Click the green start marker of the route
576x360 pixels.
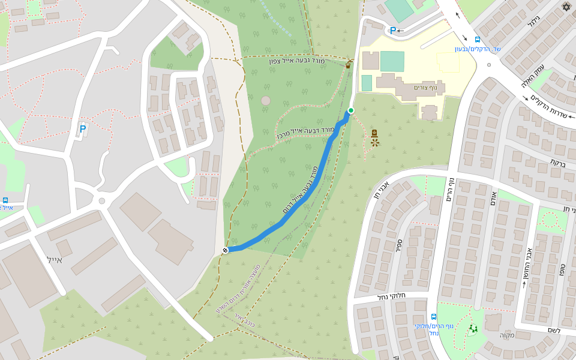[x=350, y=110]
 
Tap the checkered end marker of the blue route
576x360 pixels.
[x=225, y=250]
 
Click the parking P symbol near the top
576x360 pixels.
[x=393, y=31]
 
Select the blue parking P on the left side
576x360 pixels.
[x=83, y=129]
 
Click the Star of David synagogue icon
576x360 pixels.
[x=566, y=7]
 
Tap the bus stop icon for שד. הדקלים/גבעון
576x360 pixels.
[x=477, y=40]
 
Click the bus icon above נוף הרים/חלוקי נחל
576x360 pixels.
[x=434, y=317]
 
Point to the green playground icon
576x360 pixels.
[x=473, y=328]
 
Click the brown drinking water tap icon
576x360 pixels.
[x=349, y=64]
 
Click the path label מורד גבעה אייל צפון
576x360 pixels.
[x=296, y=61]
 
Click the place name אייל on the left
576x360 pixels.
[x=54, y=259]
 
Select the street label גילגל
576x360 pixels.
[x=533, y=22]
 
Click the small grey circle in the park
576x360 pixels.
[x=266, y=101]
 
